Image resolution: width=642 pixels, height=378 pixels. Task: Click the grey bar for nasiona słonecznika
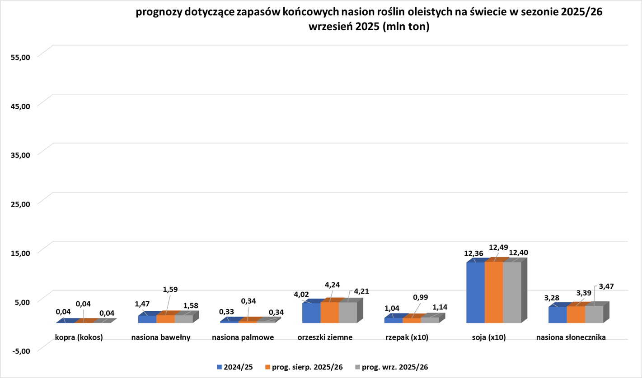pyautogui.click(x=594, y=314)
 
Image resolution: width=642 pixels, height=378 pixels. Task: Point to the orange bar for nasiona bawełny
pyautogui.click(x=165, y=319)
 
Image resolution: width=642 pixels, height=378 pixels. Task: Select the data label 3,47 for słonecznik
pyautogui.click(x=606, y=286)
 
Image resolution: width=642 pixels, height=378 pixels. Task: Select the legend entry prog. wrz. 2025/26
pyautogui.click(x=391, y=367)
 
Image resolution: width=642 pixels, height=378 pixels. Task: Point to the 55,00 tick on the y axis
pyautogui.click(x=20, y=57)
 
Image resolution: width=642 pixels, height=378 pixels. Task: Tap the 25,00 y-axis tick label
pyautogui.click(x=20, y=203)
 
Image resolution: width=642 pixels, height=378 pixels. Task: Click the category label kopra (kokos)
pyautogui.click(x=79, y=337)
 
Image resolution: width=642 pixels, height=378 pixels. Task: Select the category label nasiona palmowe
pyautogui.click(x=243, y=337)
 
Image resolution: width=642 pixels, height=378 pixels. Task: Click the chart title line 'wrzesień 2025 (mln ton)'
pyautogui.click(x=369, y=27)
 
